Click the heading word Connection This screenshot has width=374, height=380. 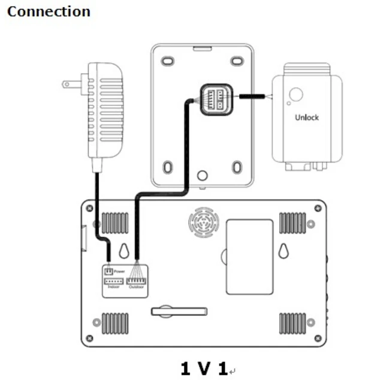(49, 11)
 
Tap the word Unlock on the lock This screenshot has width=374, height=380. (306, 117)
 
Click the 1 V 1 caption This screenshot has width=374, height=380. (204, 367)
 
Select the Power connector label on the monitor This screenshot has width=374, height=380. (119, 272)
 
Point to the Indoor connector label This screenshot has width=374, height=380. (114, 287)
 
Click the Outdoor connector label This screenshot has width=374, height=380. (137, 287)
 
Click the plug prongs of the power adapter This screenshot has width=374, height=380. (70, 84)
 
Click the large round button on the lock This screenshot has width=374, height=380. (295, 95)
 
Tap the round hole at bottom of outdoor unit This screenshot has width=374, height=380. (203, 176)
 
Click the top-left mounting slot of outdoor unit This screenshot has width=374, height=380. (168, 61)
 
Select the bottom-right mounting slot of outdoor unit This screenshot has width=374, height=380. (237, 167)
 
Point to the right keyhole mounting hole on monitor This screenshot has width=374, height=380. (283, 250)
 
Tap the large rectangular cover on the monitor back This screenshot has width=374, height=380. (249, 257)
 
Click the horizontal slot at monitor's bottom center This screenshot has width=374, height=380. (179, 311)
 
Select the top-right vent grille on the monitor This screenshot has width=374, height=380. (292, 223)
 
